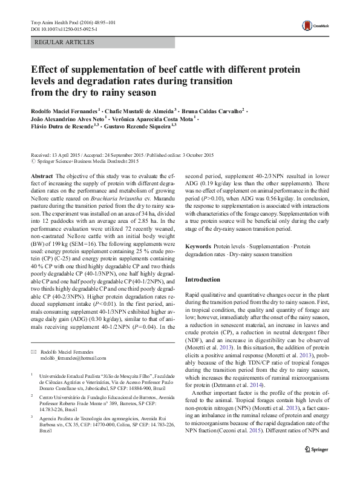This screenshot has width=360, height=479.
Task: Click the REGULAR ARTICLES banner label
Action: tap(65, 42)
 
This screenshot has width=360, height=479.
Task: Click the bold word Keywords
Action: tap(199, 248)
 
